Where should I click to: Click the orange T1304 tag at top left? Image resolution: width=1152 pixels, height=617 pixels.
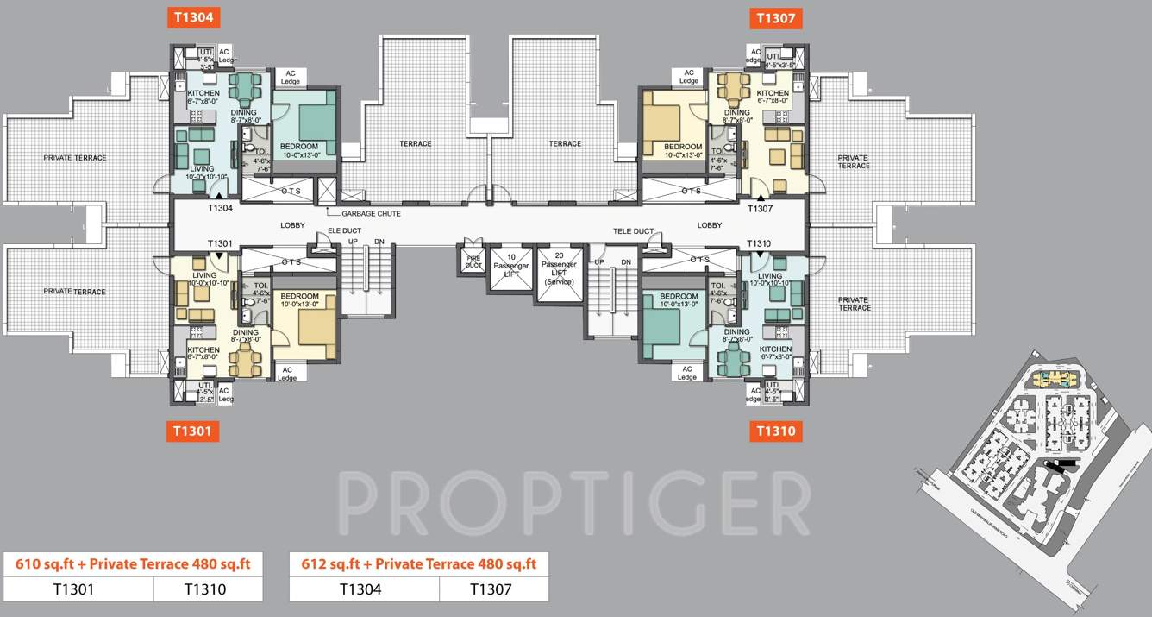[197, 16]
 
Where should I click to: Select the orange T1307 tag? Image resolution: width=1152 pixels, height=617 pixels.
[779, 17]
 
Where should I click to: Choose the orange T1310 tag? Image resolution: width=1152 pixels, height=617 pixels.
[779, 431]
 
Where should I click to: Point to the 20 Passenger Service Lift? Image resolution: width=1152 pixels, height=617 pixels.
[559, 273]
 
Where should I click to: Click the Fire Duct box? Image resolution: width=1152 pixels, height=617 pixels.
[473, 261]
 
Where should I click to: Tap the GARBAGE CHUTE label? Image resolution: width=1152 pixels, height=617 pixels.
[371, 213]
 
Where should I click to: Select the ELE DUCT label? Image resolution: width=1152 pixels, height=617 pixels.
[344, 230]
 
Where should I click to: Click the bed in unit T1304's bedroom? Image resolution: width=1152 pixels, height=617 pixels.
[307, 116]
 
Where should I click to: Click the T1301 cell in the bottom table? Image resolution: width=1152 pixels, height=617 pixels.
[78, 589]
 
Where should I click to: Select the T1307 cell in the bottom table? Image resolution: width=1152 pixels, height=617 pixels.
[493, 589]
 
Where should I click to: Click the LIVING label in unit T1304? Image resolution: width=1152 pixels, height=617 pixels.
[201, 169]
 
